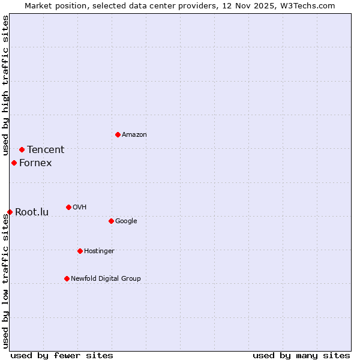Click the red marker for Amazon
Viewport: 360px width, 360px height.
coord(118,134)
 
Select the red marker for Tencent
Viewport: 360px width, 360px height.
coord(22,149)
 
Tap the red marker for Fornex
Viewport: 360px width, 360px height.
coord(14,163)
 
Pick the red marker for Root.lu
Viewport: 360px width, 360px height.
coord(10,212)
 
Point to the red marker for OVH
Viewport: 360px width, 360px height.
coord(68,207)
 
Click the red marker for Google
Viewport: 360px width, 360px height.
coord(111,221)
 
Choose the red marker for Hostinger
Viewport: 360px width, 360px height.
coord(80,251)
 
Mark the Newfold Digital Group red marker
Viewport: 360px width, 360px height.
coord(67,278)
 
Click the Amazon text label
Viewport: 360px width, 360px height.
coord(134,135)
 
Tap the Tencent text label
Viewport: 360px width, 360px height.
coord(46,150)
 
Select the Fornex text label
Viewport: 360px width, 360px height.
coord(35,163)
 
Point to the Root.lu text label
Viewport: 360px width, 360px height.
coord(32,212)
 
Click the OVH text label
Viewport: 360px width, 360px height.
coord(80,208)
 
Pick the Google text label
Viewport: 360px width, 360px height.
coord(126,221)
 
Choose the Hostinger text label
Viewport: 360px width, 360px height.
coord(99,251)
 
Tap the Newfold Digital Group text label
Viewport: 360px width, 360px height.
coord(106,279)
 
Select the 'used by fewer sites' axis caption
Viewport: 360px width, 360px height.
coord(62,355)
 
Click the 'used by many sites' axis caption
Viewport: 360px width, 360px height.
coord(301,355)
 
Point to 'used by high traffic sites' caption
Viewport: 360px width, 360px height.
coord(5,85)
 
